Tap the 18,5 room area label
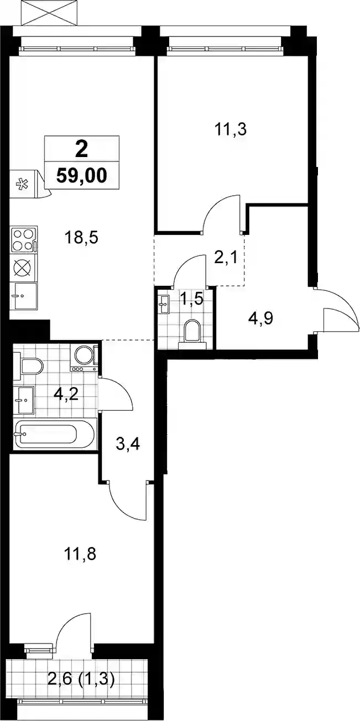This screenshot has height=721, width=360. [81, 238]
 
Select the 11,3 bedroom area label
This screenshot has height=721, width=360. [230, 129]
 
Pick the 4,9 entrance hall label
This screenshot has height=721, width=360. [260, 318]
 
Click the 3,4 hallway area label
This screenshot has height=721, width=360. [128, 445]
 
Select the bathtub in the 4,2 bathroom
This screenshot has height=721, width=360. [55, 434]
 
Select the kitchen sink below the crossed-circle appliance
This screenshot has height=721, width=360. [24, 296]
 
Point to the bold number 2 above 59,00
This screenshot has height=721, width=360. [81, 150]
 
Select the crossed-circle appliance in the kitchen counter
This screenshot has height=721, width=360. [24, 267]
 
